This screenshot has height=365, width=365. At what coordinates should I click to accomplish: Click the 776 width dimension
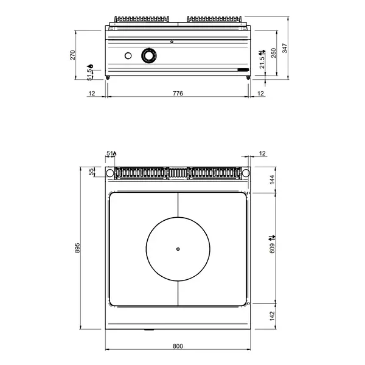coord(178,93)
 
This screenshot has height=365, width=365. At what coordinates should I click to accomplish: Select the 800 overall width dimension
coord(178,346)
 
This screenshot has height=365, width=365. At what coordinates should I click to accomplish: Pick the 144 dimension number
coord(273,179)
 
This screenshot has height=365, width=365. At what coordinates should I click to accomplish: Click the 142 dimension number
coord(273,317)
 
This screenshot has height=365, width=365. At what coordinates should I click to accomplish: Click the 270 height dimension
coord(73,55)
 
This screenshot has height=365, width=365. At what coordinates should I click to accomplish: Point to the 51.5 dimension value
coord(90,74)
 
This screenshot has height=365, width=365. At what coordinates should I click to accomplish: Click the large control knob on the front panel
coord(148,56)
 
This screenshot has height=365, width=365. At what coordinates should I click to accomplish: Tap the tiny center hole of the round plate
coord(178,248)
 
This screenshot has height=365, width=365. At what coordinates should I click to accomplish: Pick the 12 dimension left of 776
coord(92,93)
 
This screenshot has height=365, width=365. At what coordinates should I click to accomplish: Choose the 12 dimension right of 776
coord(260,93)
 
